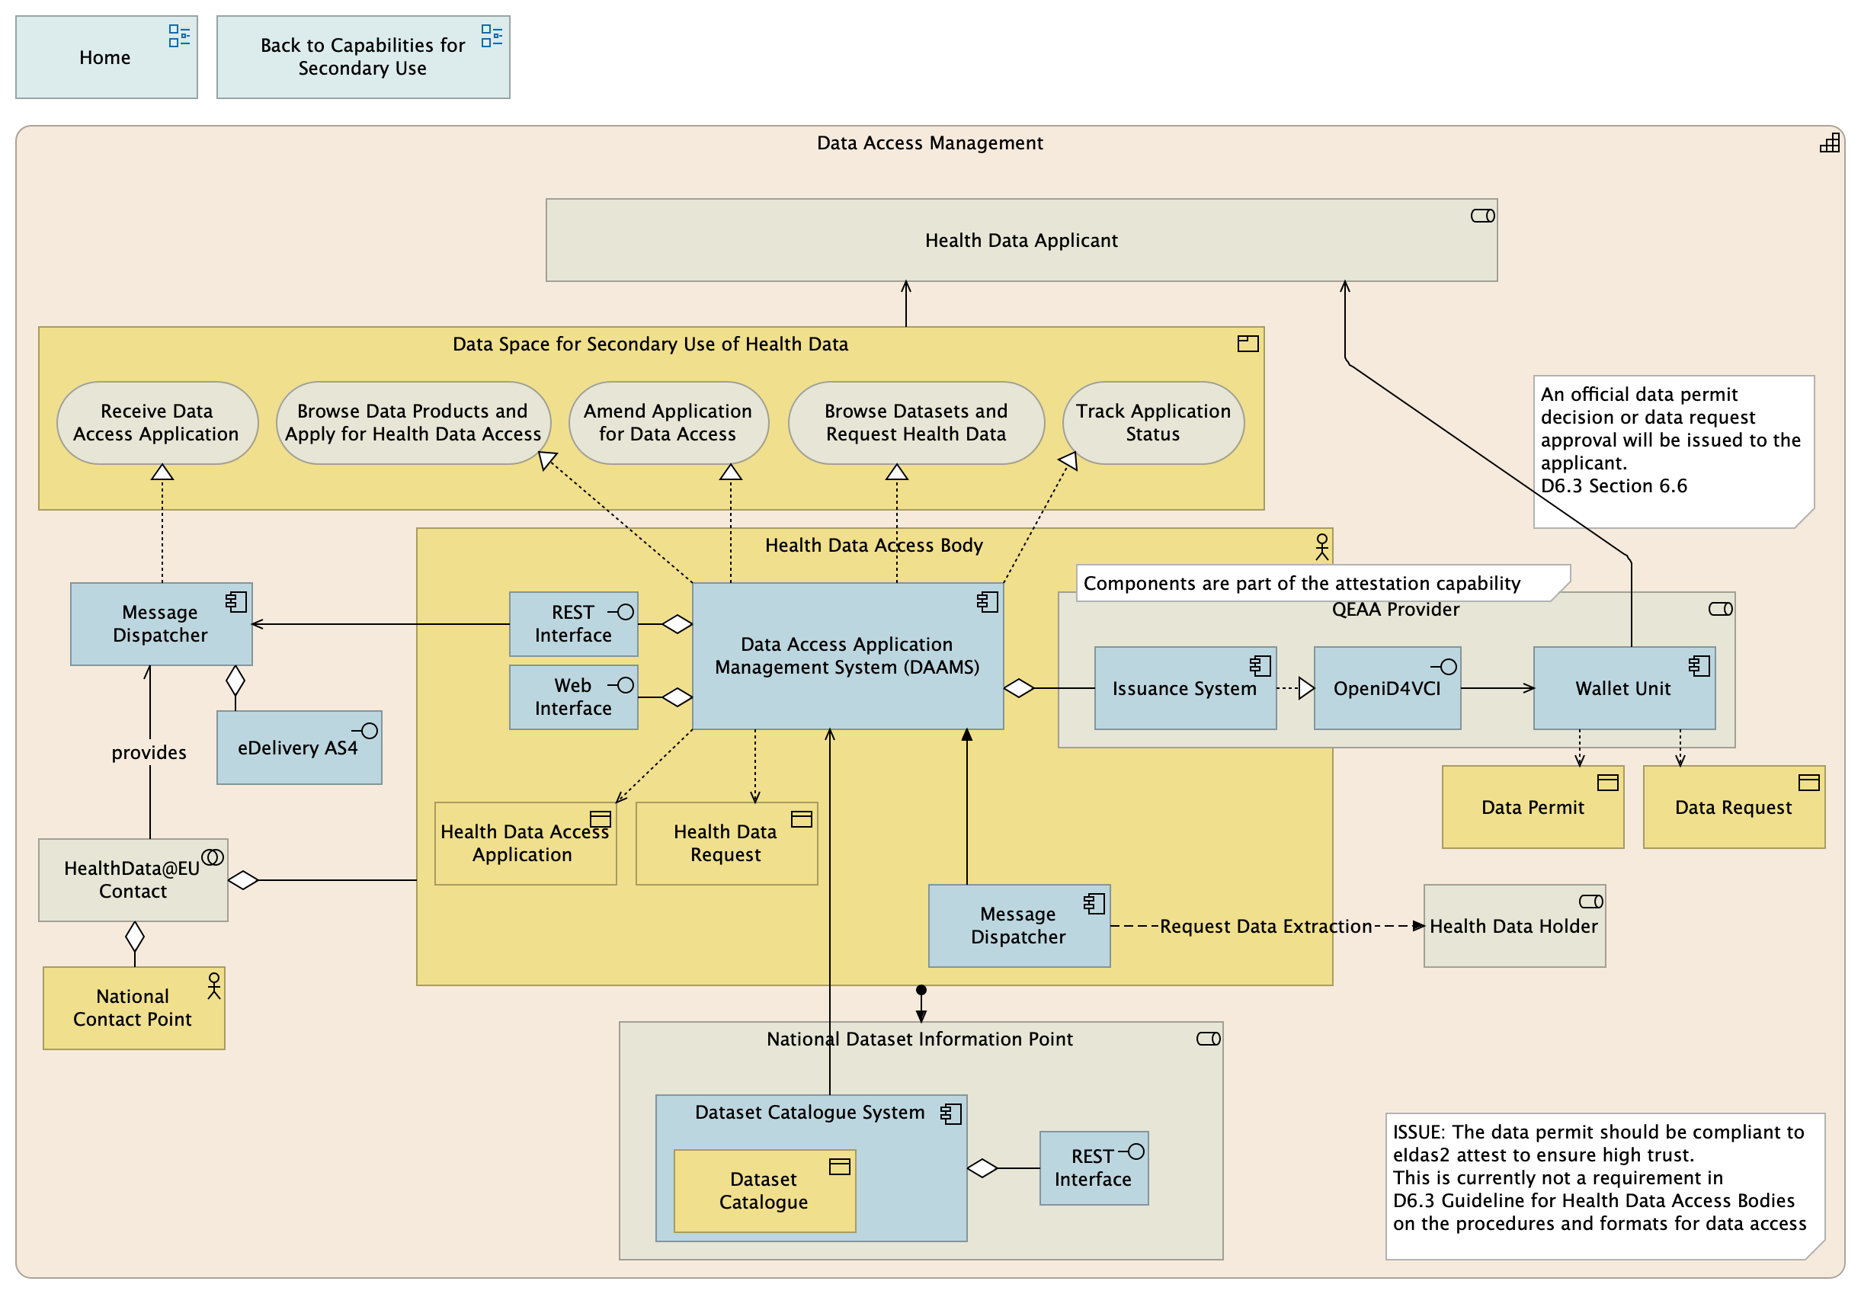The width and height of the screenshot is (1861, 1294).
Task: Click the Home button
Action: tap(105, 58)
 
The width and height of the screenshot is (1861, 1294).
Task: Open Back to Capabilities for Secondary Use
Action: tap(362, 58)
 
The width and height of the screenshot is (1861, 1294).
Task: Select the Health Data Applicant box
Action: tap(1020, 241)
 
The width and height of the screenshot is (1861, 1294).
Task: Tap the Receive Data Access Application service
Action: tap(157, 423)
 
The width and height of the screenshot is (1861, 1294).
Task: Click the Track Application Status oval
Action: tap(1152, 423)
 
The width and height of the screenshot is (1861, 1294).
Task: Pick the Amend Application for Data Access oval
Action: tap(668, 423)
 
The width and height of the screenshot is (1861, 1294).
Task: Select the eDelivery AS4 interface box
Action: tap(298, 748)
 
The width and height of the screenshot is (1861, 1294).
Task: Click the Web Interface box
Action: tap(573, 698)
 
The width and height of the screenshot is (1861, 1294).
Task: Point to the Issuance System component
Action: tap(1184, 689)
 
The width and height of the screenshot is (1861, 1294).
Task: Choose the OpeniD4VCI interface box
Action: tap(1387, 689)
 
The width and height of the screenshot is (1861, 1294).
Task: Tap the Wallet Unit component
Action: tap(1623, 689)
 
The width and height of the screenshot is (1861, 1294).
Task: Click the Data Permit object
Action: tap(1532, 809)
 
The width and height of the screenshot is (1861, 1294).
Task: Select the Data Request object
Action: tap(1733, 809)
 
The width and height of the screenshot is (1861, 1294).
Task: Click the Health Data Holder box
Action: tap(1513, 927)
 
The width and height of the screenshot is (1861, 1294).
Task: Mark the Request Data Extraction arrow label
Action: tap(1265, 927)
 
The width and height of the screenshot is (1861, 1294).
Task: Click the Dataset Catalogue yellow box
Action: tap(764, 1192)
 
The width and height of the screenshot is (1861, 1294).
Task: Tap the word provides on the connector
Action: tap(149, 753)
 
